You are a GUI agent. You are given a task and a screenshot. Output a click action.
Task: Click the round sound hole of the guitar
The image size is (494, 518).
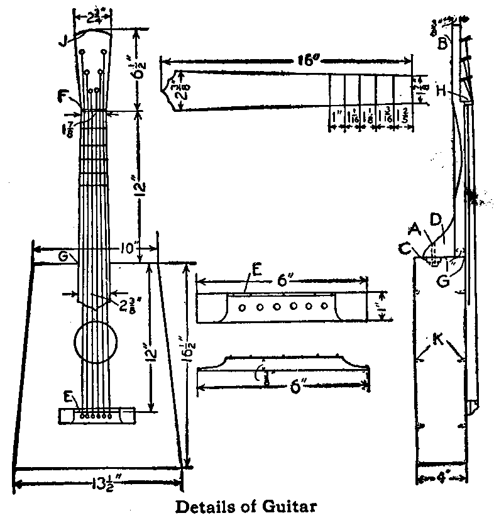tap(96, 342)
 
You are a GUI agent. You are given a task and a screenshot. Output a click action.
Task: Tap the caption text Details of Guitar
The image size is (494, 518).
tap(246, 505)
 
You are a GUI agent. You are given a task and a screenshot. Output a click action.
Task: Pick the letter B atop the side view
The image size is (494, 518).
tap(442, 43)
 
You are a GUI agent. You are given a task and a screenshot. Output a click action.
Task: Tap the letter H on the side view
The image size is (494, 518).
tap(442, 91)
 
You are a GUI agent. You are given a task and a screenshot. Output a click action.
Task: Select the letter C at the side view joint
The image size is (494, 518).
tap(407, 248)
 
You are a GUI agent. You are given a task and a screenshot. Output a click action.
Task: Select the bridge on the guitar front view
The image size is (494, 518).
tap(97, 414)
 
